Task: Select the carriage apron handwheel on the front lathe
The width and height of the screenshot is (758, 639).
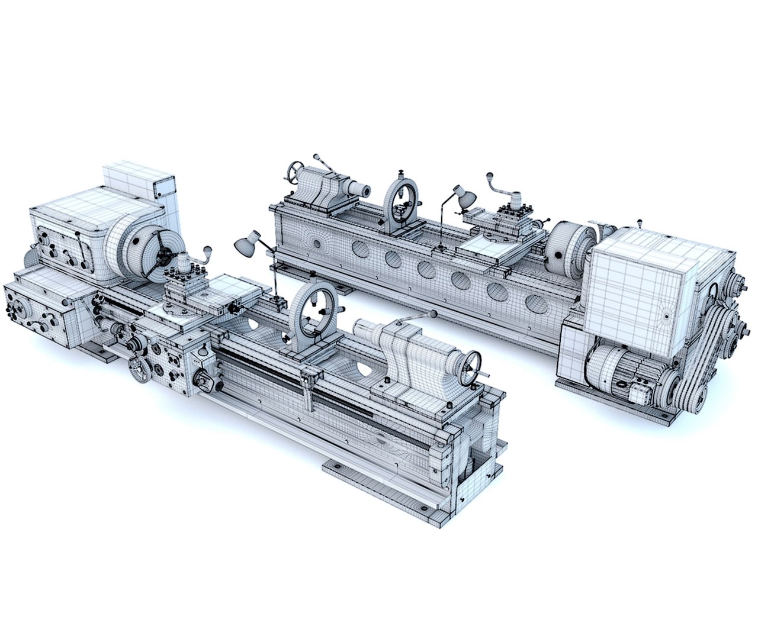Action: pyautogui.click(x=140, y=369)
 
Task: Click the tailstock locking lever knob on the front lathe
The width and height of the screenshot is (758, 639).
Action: pyautogui.click(x=434, y=313)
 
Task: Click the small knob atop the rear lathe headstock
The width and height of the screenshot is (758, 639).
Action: pyautogui.click(x=640, y=223)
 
